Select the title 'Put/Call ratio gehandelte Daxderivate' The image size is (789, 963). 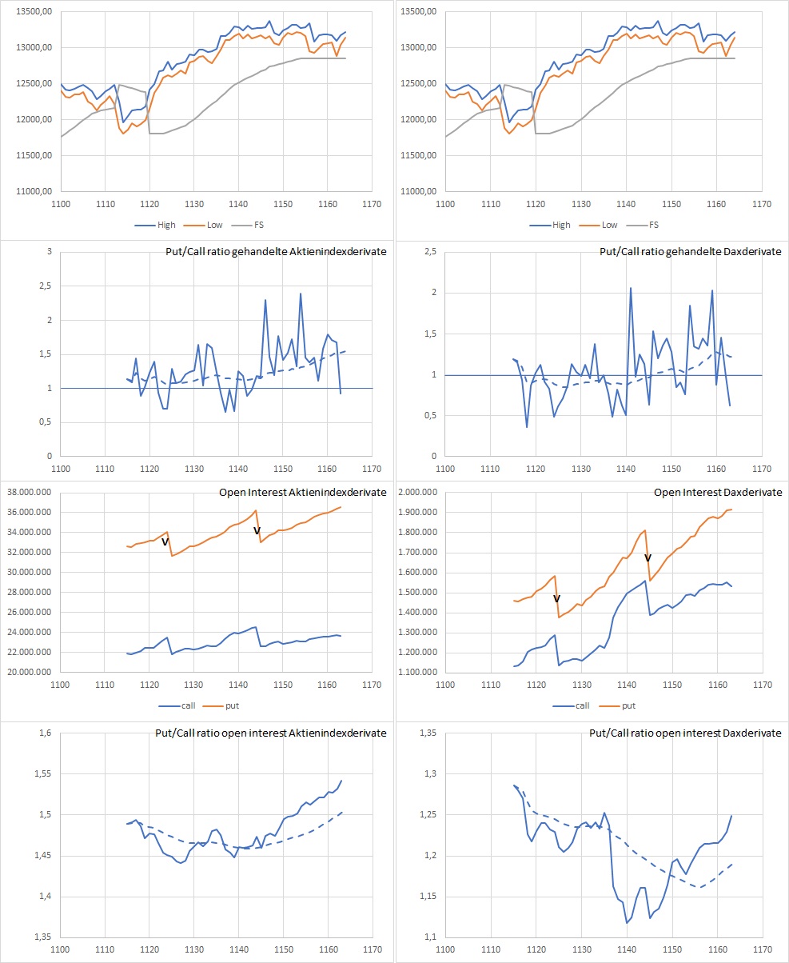click(691, 252)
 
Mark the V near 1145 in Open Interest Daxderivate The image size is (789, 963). click(648, 557)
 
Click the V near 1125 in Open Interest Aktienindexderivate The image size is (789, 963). click(165, 542)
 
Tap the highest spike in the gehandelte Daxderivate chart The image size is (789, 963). click(630, 288)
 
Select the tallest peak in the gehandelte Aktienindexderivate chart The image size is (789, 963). click(301, 294)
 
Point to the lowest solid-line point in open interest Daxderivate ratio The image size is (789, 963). click(627, 923)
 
